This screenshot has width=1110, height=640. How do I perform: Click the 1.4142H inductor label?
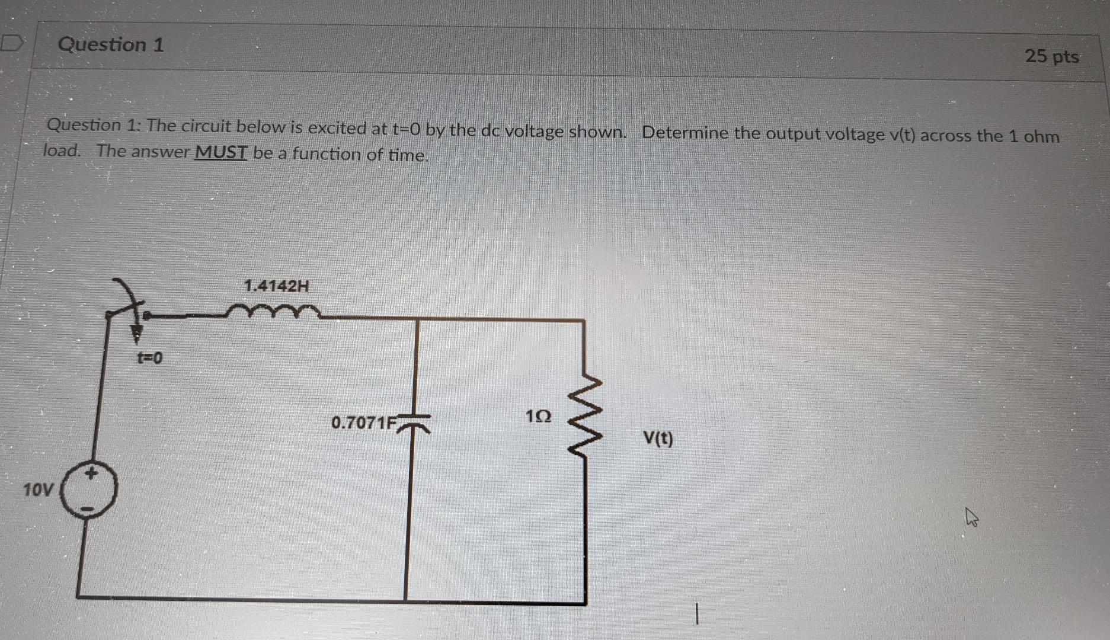click(276, 286)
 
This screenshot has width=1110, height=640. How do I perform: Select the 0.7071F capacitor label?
click(363, 423)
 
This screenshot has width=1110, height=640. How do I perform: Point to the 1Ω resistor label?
click(538, 417)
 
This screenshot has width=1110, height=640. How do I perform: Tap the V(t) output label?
click(658, 439)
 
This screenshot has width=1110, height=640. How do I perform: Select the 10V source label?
click(38, 490)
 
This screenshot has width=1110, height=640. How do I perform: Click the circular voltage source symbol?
click(91, 491)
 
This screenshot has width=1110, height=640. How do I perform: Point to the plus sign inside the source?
click(91, 473)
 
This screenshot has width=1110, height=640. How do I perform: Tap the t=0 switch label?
click(149, 358)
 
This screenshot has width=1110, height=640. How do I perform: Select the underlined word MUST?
click(220, 152)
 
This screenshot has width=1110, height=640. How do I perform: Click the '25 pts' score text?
click(1051, 56)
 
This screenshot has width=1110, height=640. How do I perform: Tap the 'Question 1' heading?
click(111, 44)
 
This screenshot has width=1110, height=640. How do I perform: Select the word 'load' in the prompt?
click(61, 151)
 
